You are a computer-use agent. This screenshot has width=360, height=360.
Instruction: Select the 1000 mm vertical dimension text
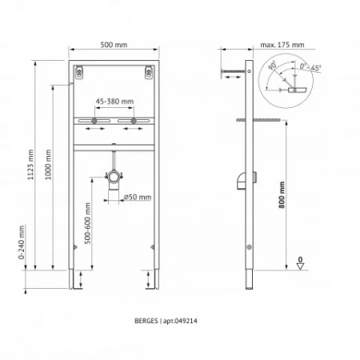tap(50, 165)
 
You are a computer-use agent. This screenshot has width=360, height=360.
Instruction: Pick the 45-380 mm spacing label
tap(115, 102)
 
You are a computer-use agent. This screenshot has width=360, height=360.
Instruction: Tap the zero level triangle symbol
tap(300, 268)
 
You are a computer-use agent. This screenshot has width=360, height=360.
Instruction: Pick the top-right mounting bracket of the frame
tap(148, 74)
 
